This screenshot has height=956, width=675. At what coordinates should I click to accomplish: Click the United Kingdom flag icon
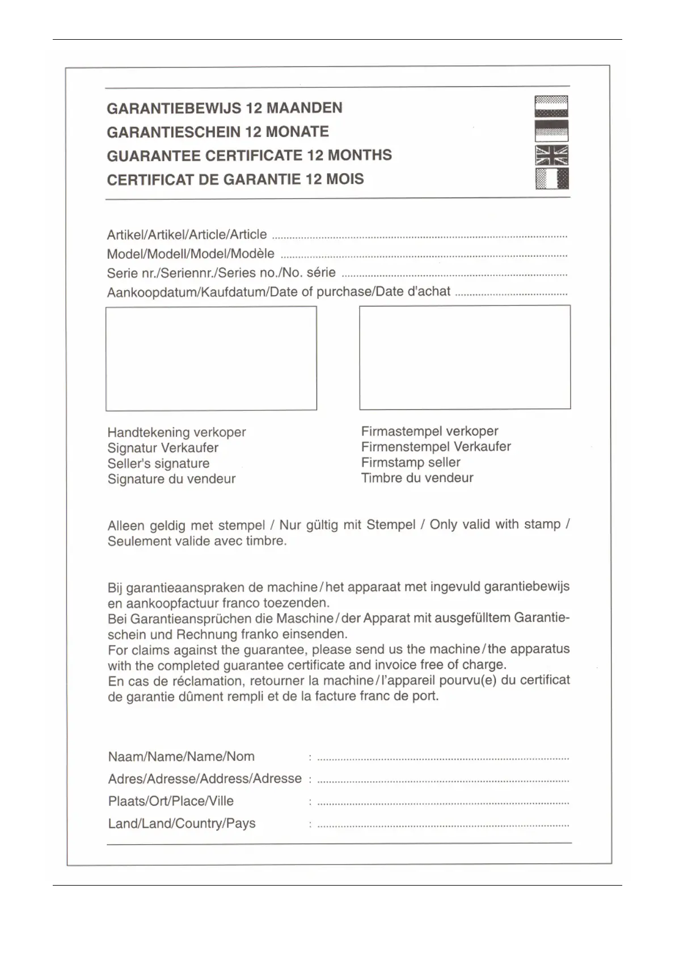point(551,155)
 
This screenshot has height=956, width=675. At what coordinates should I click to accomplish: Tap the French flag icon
point(551,179)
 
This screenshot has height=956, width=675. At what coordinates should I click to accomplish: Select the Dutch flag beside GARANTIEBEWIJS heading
point(551,106)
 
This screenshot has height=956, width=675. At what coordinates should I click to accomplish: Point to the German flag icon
point(551,131)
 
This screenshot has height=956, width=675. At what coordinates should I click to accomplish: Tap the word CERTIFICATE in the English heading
point(256,156)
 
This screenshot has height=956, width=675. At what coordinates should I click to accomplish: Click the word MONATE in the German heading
point(297,132)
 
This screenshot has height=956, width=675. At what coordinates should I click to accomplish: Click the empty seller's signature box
point(211,358)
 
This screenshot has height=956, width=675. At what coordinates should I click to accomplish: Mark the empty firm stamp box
point(465,357)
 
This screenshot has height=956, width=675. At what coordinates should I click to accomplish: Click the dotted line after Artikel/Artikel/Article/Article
point(419,236)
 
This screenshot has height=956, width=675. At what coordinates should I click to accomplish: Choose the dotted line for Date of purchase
point(511,294)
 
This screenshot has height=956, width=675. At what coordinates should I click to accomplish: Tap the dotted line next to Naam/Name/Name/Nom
point(442,758)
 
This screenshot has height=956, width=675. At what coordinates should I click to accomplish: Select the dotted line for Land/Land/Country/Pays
point(442,825)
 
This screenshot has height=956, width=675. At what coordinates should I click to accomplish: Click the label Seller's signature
point(158,463)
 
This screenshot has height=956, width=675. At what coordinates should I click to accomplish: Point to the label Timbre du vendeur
point(417,477)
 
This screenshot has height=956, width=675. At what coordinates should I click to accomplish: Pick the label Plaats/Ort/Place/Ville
point(171,801)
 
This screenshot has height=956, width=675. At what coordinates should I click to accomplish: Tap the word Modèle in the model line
point(253,254)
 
